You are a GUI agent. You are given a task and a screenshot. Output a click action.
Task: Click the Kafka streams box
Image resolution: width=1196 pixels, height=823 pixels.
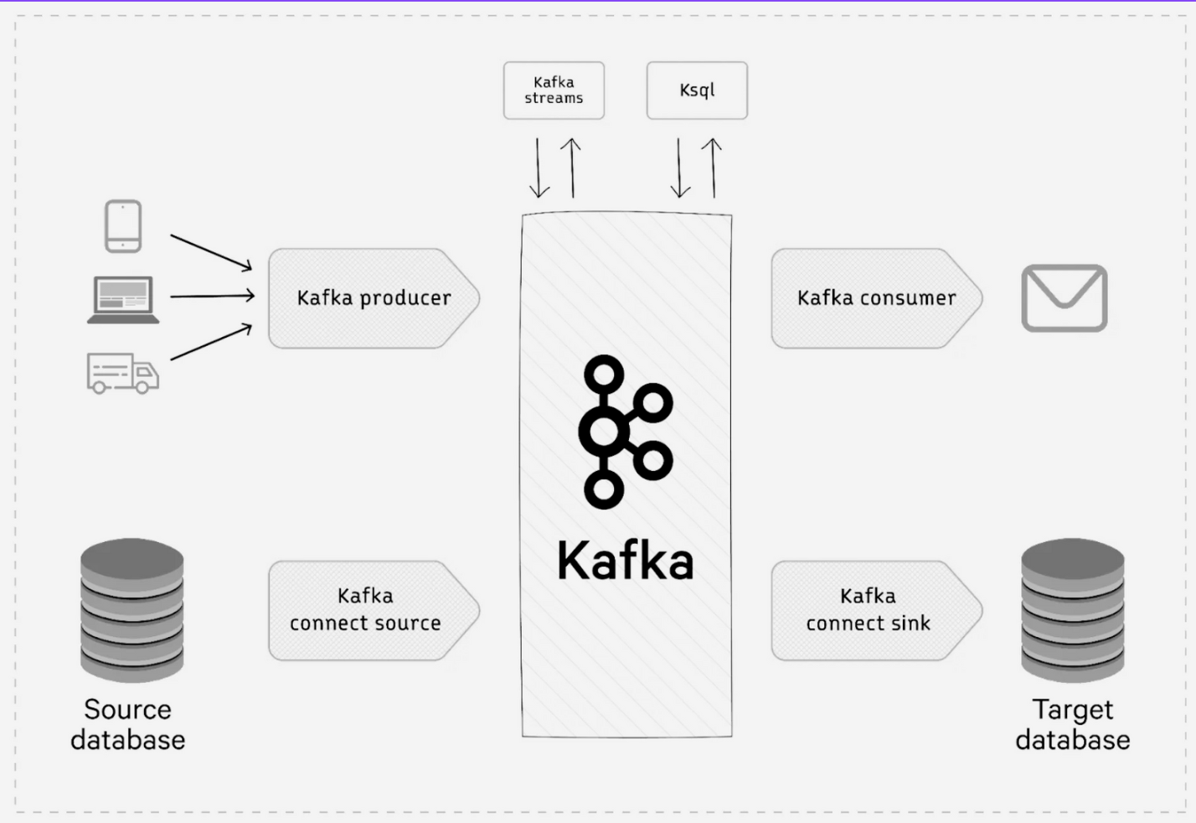coord(554,91)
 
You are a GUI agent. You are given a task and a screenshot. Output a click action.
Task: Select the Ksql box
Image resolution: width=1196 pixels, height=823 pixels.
coord(697,91)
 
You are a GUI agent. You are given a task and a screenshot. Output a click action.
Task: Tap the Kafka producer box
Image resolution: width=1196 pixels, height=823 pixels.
coord(373,298)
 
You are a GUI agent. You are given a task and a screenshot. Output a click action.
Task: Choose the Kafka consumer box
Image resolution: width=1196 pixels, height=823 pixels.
coord(875,298)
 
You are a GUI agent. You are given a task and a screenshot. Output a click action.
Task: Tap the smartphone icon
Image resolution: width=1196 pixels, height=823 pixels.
coord(123,226)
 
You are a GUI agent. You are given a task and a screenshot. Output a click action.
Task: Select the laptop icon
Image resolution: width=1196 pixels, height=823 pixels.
coord(124,299)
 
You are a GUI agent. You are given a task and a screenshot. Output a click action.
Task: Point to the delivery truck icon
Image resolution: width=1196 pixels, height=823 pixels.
coord(122,373)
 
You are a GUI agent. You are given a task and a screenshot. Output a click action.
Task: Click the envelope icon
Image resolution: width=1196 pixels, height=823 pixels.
coord(1065,298)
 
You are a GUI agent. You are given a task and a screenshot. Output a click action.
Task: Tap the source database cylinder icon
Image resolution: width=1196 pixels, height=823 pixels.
coord(131,609)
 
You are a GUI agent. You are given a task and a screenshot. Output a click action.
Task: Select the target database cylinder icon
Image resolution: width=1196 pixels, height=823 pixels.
coord(1073,609)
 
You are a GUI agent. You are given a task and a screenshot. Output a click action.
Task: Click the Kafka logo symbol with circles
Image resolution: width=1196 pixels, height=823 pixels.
coord(626,432)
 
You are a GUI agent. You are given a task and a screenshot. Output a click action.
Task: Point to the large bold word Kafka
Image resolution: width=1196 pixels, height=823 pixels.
coord(626,561)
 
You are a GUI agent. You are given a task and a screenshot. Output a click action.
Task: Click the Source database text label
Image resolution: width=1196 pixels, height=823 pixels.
coord(127,725)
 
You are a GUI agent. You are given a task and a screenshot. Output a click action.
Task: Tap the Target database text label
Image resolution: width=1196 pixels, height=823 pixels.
coord(1073,725)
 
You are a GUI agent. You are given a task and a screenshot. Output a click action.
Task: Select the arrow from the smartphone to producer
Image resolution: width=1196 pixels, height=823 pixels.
coord(211,252)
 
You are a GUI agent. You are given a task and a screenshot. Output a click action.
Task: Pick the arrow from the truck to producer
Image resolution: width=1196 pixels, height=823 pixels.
coord(211,343)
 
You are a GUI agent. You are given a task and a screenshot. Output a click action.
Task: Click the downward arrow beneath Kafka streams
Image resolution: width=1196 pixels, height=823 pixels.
coord(539,168)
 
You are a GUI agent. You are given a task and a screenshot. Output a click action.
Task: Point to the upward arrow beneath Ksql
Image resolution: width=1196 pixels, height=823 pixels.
coord(713,168)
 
